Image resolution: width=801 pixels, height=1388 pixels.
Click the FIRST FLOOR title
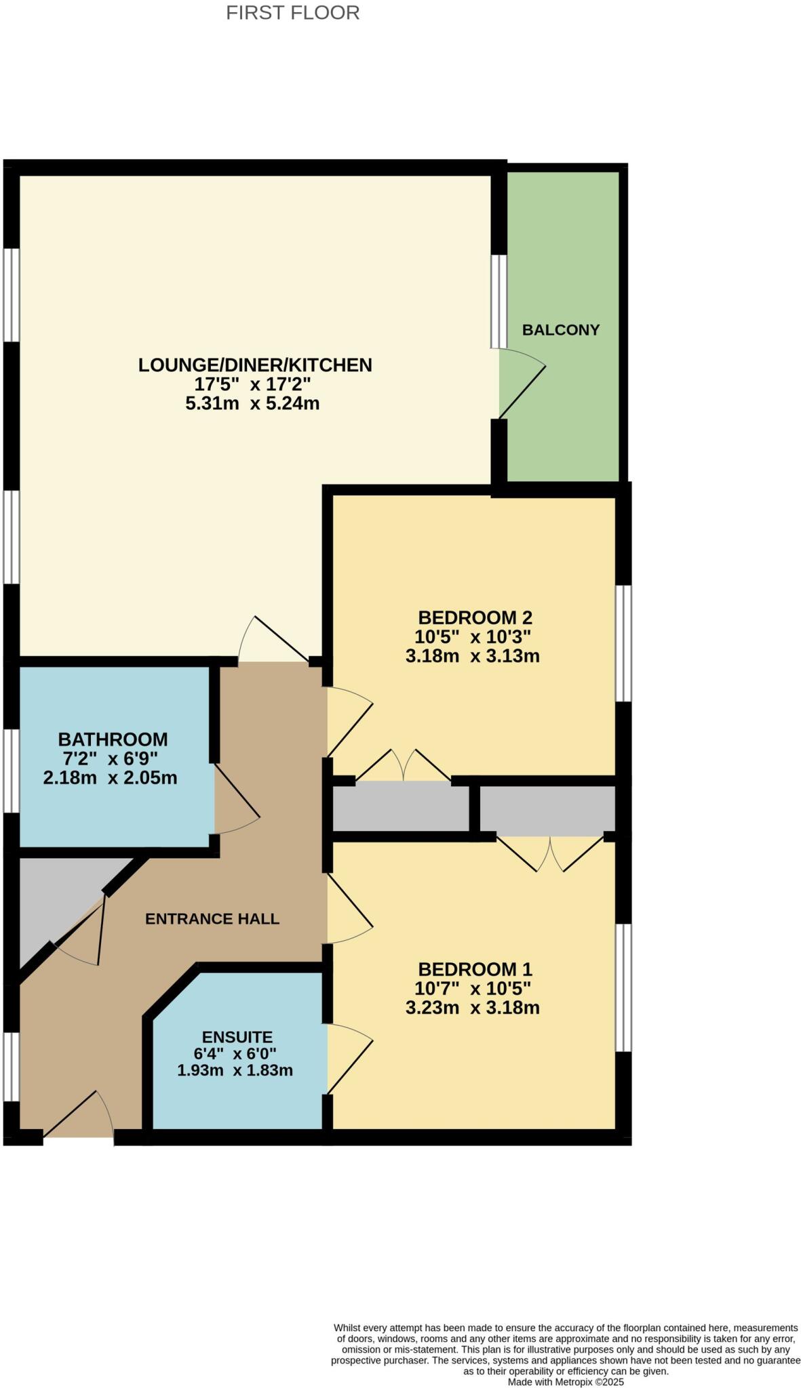292,13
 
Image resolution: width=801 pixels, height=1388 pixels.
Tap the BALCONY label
560,330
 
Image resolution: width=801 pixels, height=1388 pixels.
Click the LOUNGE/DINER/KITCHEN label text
255,365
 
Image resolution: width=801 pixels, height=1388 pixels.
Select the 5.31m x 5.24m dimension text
252,404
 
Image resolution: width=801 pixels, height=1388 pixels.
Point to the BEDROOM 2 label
475,617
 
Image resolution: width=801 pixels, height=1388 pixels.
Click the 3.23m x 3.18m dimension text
472,1008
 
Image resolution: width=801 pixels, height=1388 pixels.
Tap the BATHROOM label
113,739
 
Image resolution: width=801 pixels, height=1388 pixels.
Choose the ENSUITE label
237,1037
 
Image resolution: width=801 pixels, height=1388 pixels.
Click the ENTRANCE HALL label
212,919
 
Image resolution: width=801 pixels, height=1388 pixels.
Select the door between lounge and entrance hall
274,641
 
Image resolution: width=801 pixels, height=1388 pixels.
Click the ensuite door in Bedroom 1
349,1061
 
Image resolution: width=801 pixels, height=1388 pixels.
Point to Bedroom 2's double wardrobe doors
404,767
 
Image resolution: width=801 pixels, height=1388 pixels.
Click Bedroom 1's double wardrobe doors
550,854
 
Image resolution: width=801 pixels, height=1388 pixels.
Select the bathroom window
12,771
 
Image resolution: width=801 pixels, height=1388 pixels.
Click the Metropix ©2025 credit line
566,1381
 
